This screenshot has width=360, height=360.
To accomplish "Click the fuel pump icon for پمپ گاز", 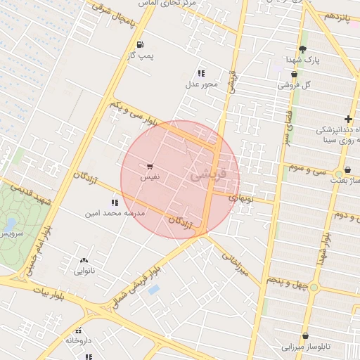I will [x=141, y=44].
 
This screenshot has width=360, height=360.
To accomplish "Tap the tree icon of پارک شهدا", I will [x=302, y=49].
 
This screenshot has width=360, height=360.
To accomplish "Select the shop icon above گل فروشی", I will [x=293, y=75].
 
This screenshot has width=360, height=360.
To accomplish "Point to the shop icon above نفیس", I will [x=150, y=167].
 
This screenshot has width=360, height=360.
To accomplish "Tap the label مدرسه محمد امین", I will [x=115, y=212].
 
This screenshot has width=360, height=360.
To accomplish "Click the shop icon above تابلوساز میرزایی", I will [x=305, y=336].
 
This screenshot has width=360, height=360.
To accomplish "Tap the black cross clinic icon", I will [x=348, y=120].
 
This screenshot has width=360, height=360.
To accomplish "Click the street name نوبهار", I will [x=243, y=198].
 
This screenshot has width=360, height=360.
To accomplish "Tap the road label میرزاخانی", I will [x=235, y=264].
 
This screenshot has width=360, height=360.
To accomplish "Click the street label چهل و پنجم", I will [x=286, y=281].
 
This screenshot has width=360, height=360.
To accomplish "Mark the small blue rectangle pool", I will [x=154, y=289].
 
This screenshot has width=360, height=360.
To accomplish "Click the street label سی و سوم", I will [x=309, y=169].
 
